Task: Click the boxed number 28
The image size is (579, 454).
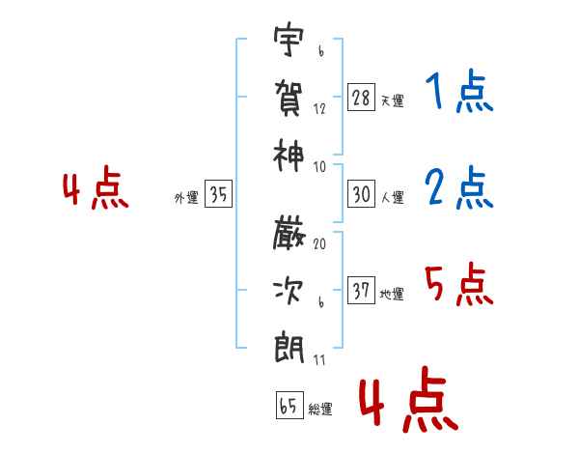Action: click(361, 98)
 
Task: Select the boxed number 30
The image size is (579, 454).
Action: click(361, 194)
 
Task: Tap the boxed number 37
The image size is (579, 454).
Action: click(361, 291)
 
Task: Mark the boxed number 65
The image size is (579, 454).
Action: click(288, 407)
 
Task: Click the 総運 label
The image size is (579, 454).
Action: click(320, 410)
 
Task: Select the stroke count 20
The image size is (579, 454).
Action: click(319, 243)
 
